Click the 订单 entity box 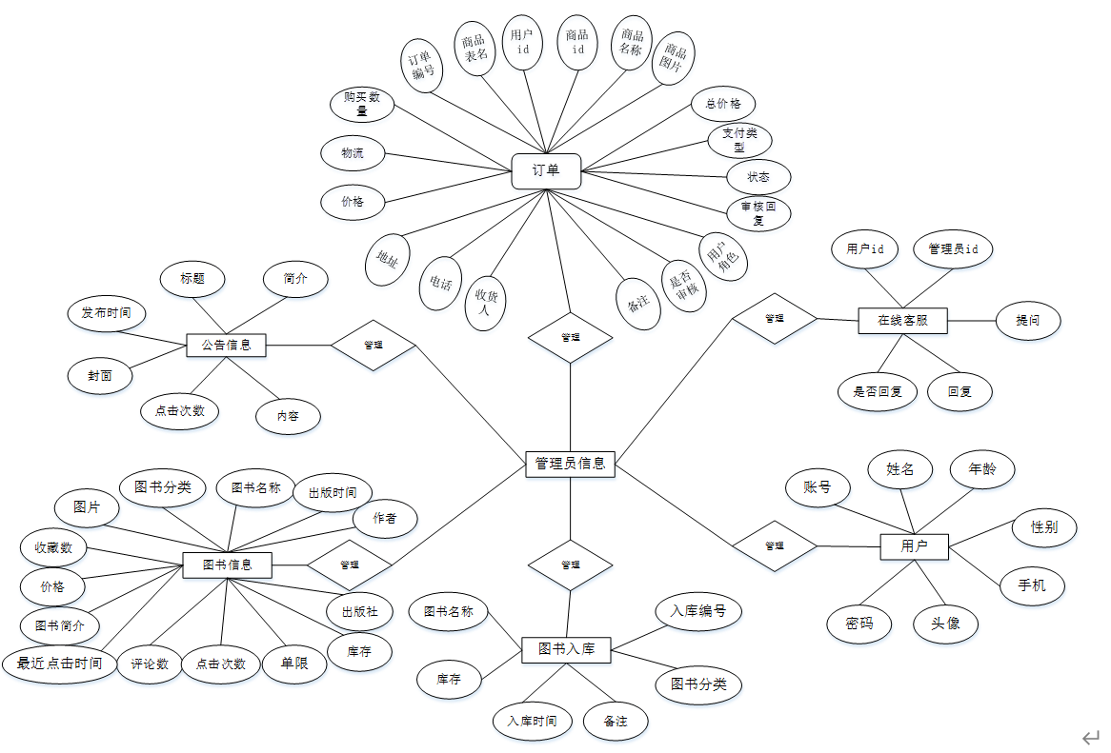pos(546,171)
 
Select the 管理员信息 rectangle pos(570,464)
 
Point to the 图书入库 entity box pos(566,649)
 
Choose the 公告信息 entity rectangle pos(226,345)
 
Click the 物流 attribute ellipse pos(353,153)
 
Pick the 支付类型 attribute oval pos(739,141)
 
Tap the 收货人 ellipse pos(486,302)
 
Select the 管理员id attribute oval pos(953,249)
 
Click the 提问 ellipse pos(1028,321)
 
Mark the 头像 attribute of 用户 pos(945,624)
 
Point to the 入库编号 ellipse pos(698,611)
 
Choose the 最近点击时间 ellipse pos(59,663)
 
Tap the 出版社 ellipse pos(358,611)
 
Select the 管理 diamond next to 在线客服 pos(774,318)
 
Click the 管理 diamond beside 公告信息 pos(374,345)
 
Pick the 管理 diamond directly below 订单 pos(570,337)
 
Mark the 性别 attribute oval pos(1044,526)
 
